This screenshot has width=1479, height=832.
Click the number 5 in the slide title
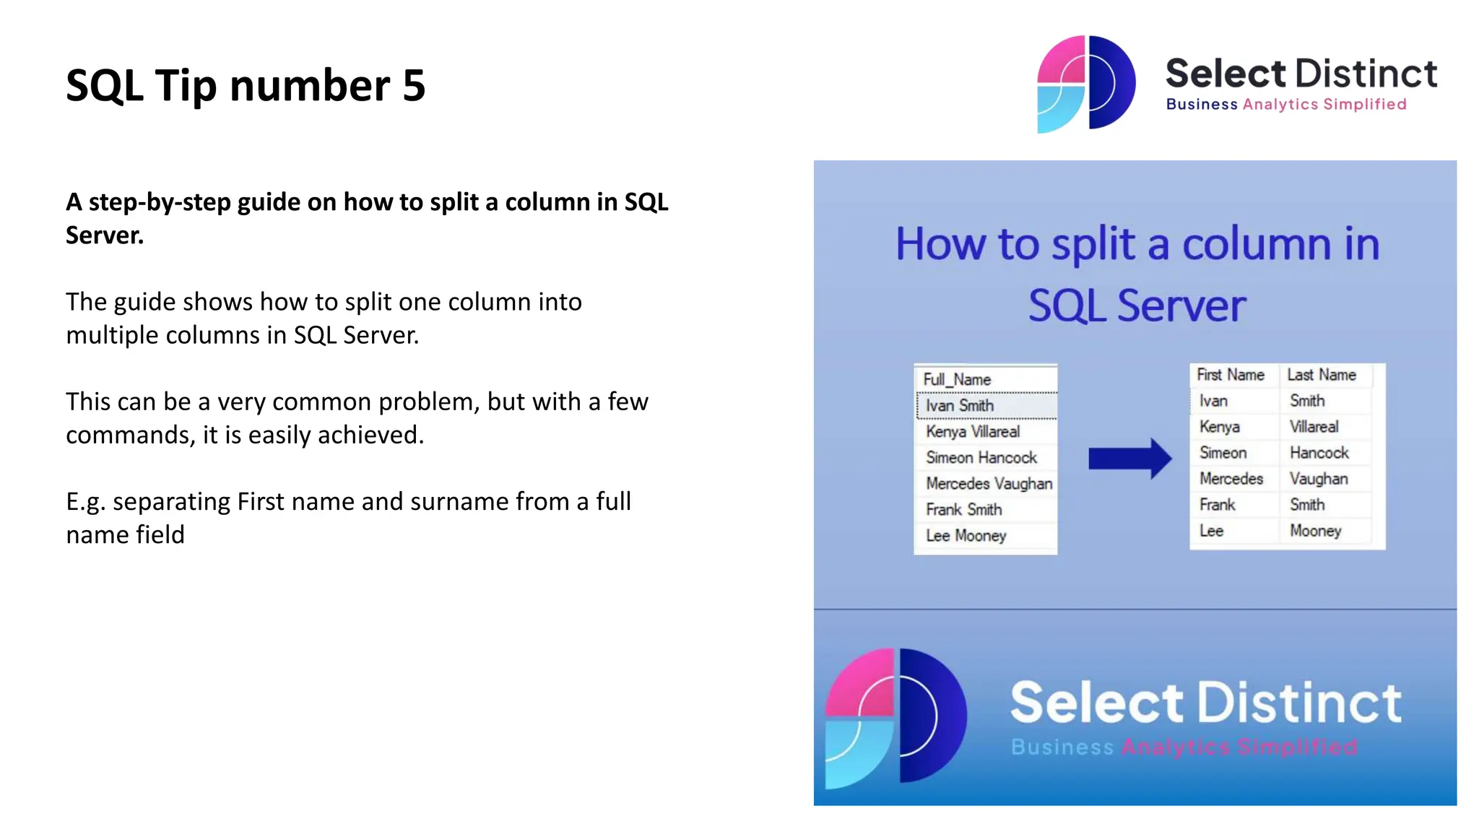click(x=414, y=86)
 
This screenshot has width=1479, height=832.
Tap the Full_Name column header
click(x=957, y=379)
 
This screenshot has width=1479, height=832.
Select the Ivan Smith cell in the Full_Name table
click(x=960, y=406)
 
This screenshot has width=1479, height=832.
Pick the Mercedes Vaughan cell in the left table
click(x=989, y=484)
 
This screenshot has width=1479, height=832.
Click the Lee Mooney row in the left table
click(x=966, y=536)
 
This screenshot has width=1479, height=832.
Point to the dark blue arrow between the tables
click(x=1129, y=459)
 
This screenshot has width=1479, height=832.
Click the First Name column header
click(x=1231, y=375)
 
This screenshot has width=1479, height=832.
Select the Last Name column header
click(x=1322, y=375)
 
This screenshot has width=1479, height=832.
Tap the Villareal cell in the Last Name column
click(x=1314, y=427)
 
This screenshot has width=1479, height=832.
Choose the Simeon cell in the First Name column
click(x=1223, y=453)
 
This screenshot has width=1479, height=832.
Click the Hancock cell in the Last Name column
click(x=1319, y=453)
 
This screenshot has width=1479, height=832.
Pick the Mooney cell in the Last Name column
click(x=1315, y=531)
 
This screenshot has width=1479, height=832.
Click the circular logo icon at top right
click(x=1085, y=84)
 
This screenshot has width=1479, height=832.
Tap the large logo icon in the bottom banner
click(x=896, y=716)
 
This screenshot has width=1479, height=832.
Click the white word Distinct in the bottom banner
click(x=1300, y=703)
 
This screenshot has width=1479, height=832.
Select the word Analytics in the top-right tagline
click(x=1280, y=105)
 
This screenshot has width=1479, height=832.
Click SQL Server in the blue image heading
click(x=1137, y=305)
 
